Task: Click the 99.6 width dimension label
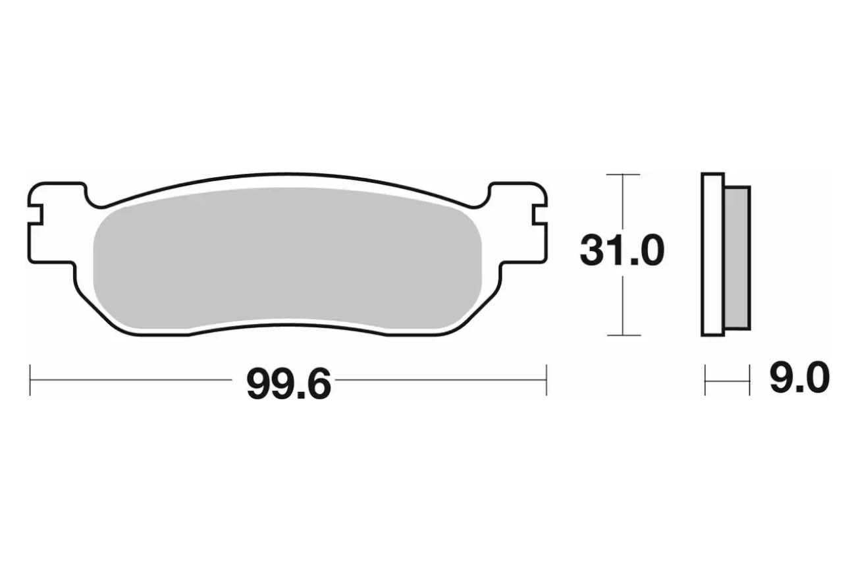288,384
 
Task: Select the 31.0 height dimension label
622,251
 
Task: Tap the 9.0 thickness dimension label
799,379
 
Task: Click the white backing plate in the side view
712,254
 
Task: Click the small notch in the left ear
35,215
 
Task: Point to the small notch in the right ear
539,215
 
